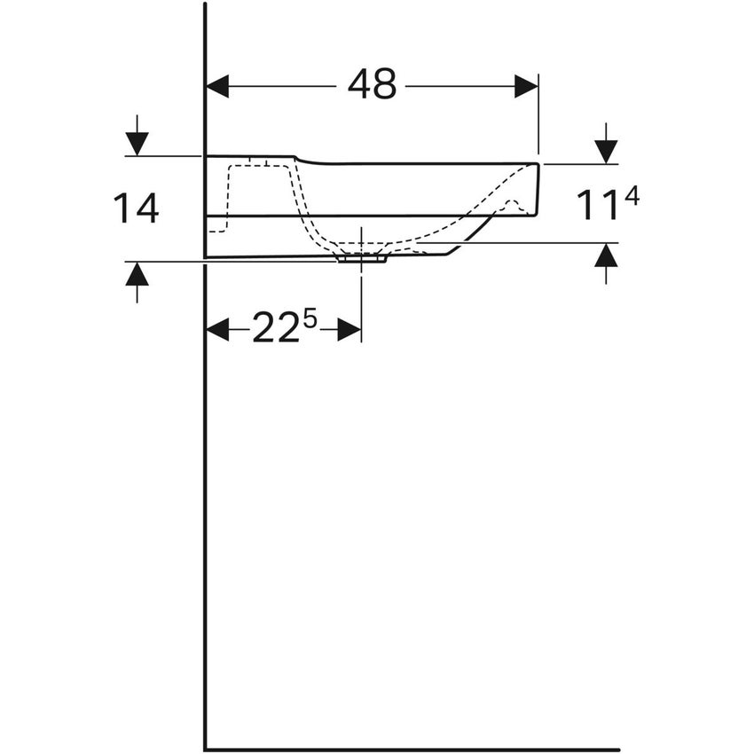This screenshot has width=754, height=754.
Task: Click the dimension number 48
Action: point(372,85)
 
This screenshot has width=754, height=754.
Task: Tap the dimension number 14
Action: point(136,208)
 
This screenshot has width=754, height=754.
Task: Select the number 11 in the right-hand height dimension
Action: point(597,205)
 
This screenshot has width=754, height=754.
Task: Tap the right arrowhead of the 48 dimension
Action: point(527,86)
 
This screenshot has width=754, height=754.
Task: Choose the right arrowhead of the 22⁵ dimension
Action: point(350,330)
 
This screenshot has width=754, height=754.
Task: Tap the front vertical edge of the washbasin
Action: point(538,188)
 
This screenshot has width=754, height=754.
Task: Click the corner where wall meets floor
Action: point(205,750)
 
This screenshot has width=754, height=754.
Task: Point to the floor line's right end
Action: point(617,750)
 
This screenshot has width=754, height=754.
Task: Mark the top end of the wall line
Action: point(205,4)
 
